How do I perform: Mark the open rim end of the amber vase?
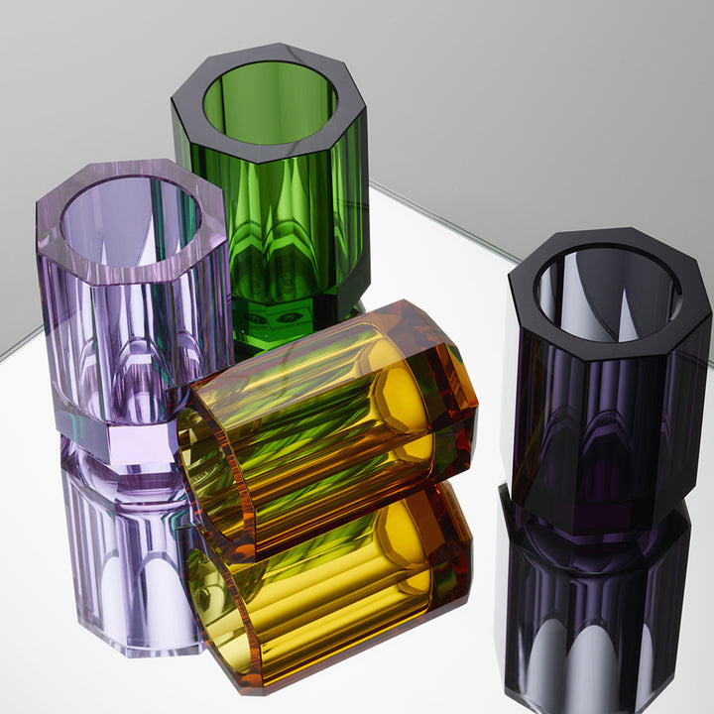213,476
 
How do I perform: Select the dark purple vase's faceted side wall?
605,426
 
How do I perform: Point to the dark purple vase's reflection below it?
595,615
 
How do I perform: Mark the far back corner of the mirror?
372,184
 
